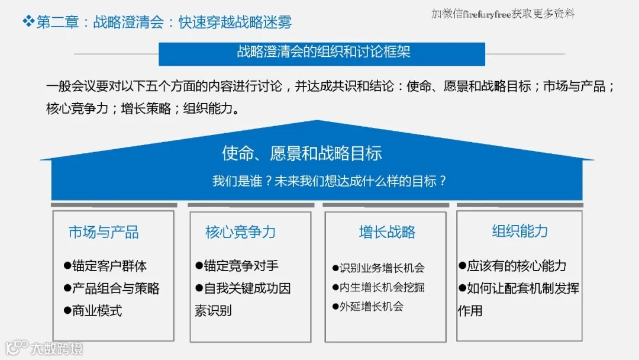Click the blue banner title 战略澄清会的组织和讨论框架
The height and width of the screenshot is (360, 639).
(322, 52)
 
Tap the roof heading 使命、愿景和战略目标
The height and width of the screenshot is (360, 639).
(302, 153)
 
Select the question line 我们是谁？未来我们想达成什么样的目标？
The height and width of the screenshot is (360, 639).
(329, 181)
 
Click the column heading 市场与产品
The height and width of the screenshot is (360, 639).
(104, 232)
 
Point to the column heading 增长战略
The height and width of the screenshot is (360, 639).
(387, 232)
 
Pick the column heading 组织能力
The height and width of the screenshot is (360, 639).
(519, 231)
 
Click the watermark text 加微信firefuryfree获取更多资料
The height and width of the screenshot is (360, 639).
(503, 14)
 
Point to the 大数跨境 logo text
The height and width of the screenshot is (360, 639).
(57, 348)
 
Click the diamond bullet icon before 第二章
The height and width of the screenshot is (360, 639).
(28, 22)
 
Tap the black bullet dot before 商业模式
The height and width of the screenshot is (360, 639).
(67, 310)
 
